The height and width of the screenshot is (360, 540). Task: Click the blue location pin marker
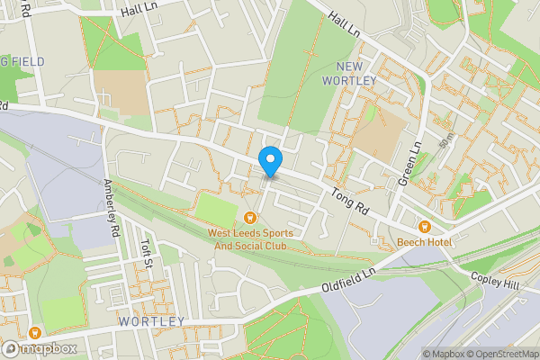[270, 161]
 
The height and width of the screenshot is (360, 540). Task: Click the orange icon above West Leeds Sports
[250, 216]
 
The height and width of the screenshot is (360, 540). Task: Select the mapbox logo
[38, 348]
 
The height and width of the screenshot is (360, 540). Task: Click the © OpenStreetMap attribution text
[500, 354]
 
